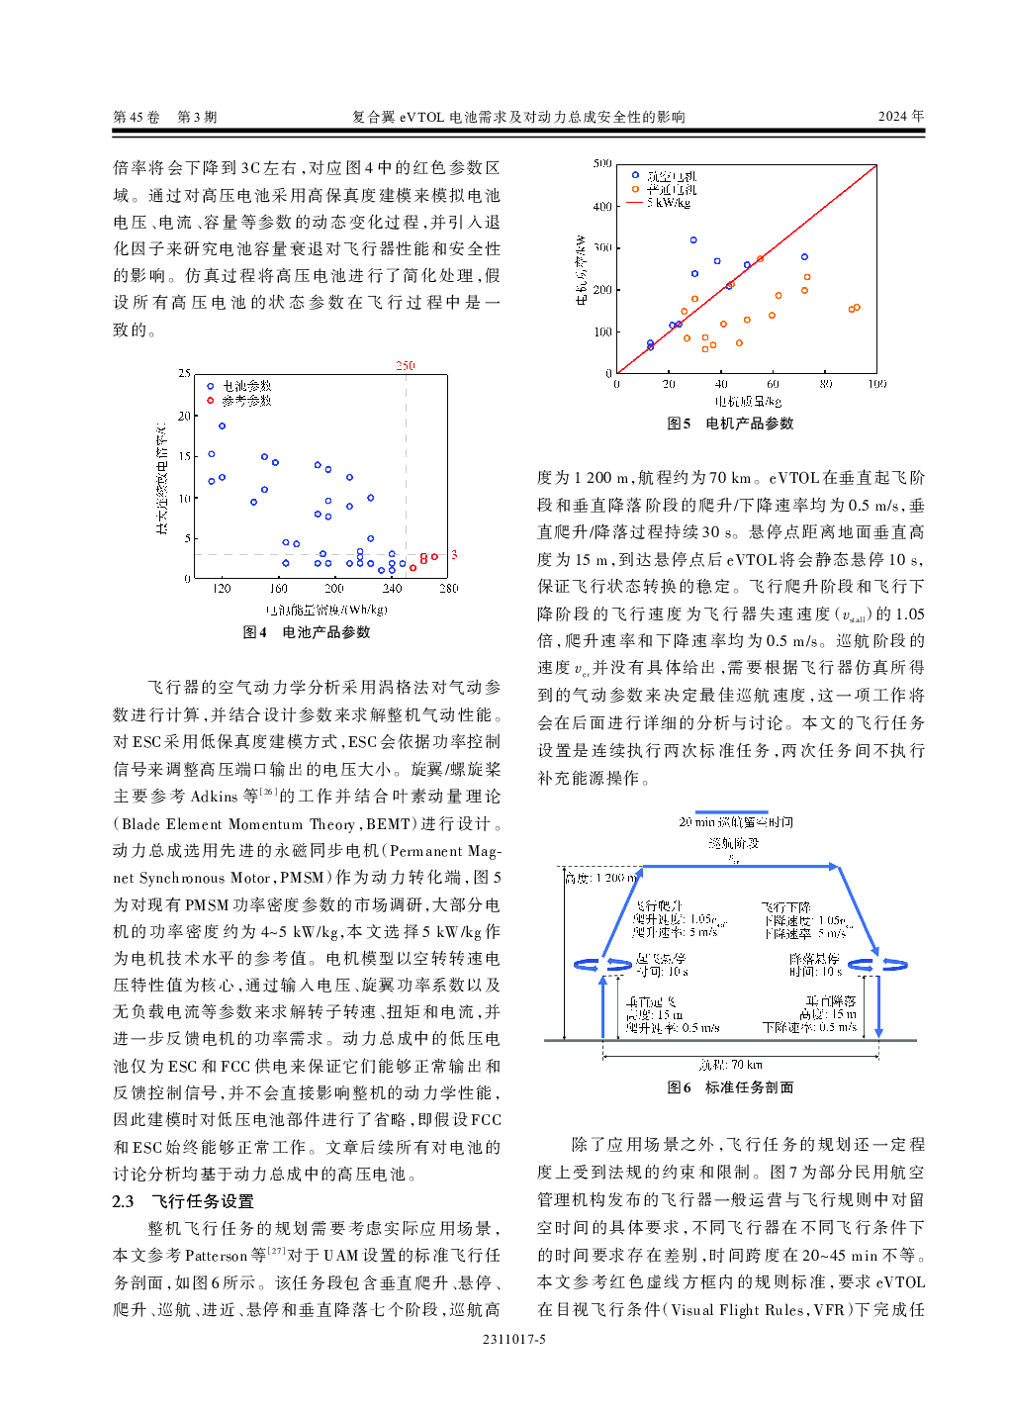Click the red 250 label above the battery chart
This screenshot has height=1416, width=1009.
(x=406, y=365)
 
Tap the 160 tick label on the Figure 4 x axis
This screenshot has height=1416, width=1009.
(x=279, y=588)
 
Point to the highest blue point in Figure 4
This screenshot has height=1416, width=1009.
(x=222, y=426)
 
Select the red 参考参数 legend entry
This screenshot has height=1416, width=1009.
(x=245, y=401)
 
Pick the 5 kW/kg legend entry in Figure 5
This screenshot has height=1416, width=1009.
(x=668, y=203)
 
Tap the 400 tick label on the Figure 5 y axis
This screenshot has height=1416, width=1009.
(x=602, y=206)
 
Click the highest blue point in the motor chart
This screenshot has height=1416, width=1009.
(x=693, y=240)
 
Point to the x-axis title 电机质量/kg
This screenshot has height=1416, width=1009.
(x=748, y=401)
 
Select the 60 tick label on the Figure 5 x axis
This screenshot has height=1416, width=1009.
(x=773, y=384)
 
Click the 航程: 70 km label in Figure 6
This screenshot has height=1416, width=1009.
(x=730, y=1065)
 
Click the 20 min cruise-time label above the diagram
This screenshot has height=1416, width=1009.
(x=735, y=822)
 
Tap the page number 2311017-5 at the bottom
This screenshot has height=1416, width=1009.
(x=513, y=1340)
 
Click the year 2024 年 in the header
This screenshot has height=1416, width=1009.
(x=900, y=116)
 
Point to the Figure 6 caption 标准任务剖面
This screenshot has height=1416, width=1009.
(x=749, y=1087)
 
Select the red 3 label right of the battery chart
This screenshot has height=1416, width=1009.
(x=454, y=554)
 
